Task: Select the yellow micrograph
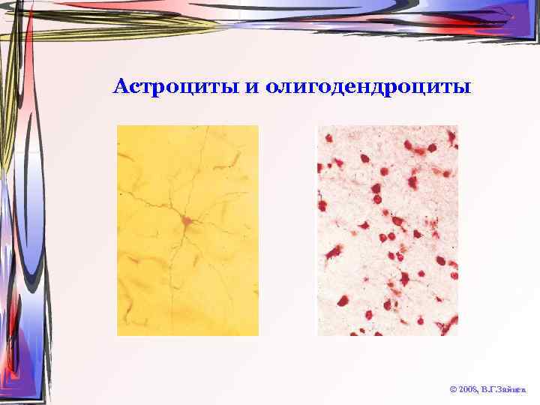[187, 230]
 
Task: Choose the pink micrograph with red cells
[388, 230]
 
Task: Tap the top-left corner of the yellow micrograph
[118, 126]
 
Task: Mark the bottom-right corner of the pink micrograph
[457, 334]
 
